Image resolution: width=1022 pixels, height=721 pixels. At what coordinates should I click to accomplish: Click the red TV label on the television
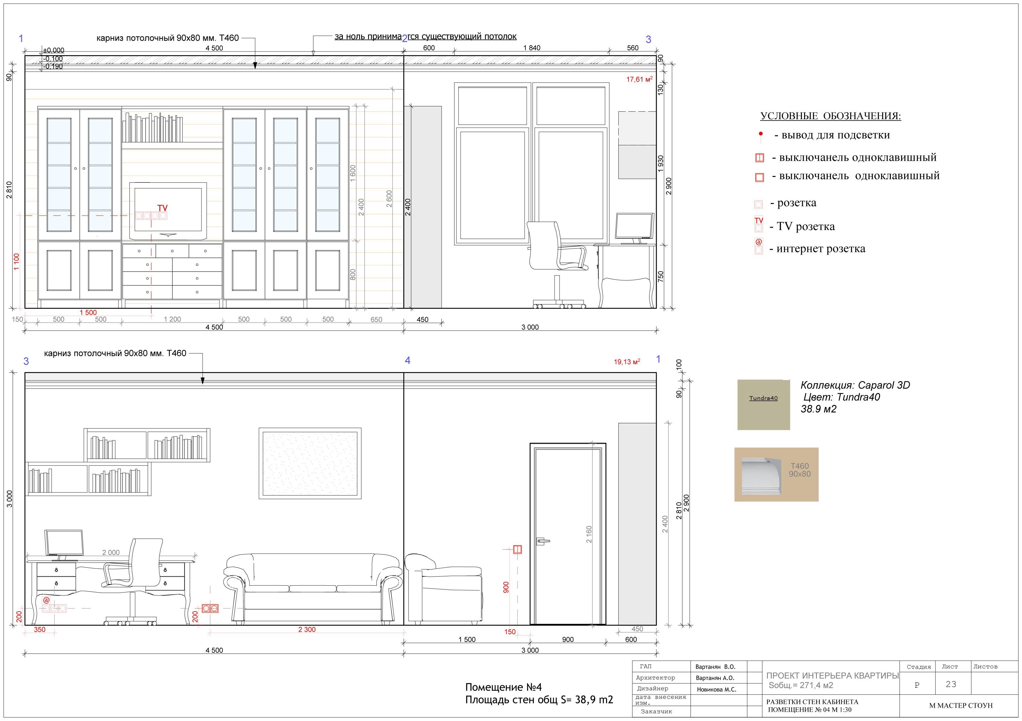click(163, 208)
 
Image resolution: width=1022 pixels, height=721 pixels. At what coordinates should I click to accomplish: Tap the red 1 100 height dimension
click(16, 262)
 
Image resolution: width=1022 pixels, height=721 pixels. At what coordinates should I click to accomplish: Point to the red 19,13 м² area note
click(627, 362)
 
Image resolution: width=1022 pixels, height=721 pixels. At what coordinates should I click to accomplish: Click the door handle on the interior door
click(543, 541)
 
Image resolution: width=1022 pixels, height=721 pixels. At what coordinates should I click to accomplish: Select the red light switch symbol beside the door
click(517, 550)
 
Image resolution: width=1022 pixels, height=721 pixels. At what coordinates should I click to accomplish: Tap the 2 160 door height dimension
click(589, 534)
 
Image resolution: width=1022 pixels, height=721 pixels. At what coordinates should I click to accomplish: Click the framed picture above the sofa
click(310, 463)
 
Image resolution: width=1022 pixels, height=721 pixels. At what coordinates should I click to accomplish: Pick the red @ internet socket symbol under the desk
click(46, 600)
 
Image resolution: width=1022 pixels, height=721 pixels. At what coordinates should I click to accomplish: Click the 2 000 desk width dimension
click(111, 553)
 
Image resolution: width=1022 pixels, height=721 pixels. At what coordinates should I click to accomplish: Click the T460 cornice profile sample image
click(776, 475)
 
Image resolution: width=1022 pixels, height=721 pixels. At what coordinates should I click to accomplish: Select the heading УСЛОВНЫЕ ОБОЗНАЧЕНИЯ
click(831, 116)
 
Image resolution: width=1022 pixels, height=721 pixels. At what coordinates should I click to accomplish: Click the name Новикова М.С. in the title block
click(717, 689)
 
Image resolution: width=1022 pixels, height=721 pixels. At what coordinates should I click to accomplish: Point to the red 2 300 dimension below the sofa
click(307, 629)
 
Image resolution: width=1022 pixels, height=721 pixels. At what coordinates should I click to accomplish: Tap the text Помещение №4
click(503, 687)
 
